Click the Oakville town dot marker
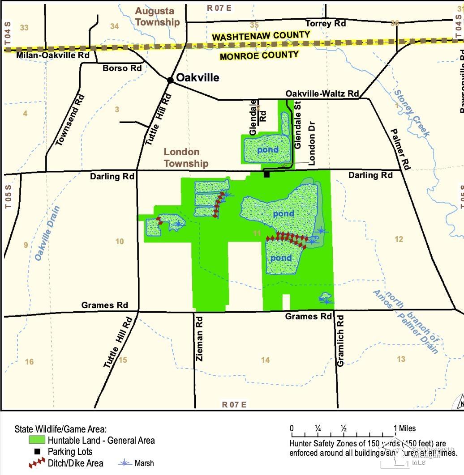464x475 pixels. [170, 80]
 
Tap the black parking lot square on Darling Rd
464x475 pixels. [267, 174]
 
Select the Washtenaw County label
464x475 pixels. [261, 36]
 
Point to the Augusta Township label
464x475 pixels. [157, 17]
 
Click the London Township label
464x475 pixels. [186, 157]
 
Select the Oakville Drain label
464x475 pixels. [44, 233]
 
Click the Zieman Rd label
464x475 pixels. [200, 339]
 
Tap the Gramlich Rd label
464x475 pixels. [340, 341]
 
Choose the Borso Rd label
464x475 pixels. [122, 68]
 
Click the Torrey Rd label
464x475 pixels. [325, 23]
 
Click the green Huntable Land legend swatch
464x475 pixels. [37, 440]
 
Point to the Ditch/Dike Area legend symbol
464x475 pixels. [37, 463]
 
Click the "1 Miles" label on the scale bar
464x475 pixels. [405, 429]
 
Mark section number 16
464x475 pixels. [29, 361]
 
